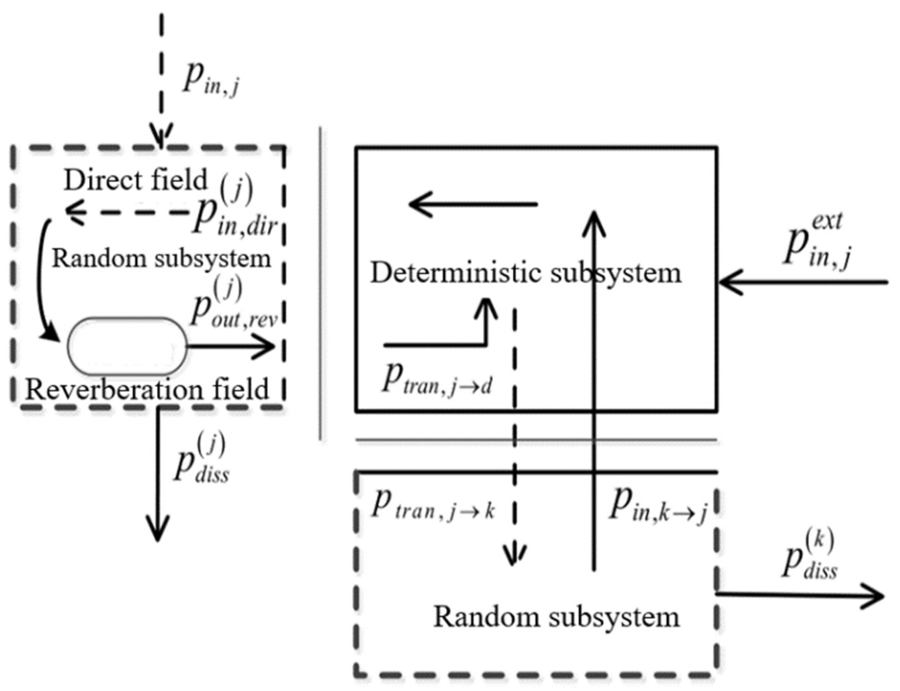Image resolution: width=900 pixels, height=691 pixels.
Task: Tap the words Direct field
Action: pyautogui.click(x=135, y=180)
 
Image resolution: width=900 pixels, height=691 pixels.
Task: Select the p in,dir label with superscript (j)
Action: pyautogui.click(x=233, y=208)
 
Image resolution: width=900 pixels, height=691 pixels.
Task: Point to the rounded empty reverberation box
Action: pyautogui.click(x=127, y=346)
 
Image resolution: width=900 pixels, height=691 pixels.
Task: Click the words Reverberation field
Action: pyautogui.click(x=147, y=389)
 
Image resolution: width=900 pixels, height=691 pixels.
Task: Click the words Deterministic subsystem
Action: pyautogui.click(x=525, y=273)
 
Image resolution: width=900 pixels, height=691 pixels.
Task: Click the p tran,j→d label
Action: pyautogui.click(x=437, y=379)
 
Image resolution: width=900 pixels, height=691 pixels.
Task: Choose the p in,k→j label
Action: pyautogui.click(x=658, y=506)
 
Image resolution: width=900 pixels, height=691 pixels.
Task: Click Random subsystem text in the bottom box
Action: pyautogui.click(x=556, y=616)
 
